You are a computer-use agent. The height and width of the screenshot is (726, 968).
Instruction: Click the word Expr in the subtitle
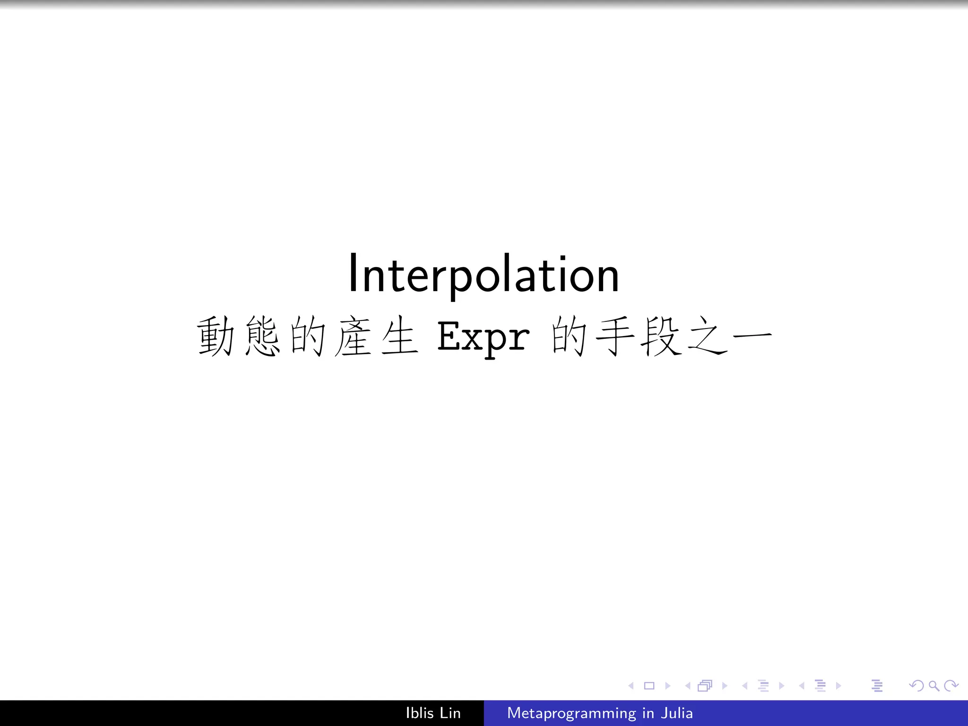tap(483, 337)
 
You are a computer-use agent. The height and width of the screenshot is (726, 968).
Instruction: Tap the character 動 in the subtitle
tap(216, 337)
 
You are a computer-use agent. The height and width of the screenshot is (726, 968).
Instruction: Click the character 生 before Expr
tap(399, 337)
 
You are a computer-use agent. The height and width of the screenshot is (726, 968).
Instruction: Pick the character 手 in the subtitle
tap(615, 337)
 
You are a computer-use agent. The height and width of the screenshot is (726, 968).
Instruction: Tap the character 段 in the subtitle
tap(661, 337)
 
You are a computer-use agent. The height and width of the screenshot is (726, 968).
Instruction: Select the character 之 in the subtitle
tap(707, 337)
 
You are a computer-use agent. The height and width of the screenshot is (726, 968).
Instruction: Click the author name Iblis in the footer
tap(420, 713)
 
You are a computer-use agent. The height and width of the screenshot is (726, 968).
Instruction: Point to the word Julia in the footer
tap(677, 713)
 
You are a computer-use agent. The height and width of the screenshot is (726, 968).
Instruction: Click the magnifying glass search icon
tap(933, 686)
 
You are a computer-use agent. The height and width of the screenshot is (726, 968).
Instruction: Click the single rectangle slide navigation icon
tap(649, 686)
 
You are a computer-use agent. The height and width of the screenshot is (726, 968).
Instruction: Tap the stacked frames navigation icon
tap(705, 686)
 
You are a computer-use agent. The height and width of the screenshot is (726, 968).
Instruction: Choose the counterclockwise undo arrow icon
tap(916, 686)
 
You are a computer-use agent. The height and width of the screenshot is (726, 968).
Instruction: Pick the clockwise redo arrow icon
tap(951, 686)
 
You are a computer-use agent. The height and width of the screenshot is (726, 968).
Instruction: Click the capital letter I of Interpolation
tap(353, 273)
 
